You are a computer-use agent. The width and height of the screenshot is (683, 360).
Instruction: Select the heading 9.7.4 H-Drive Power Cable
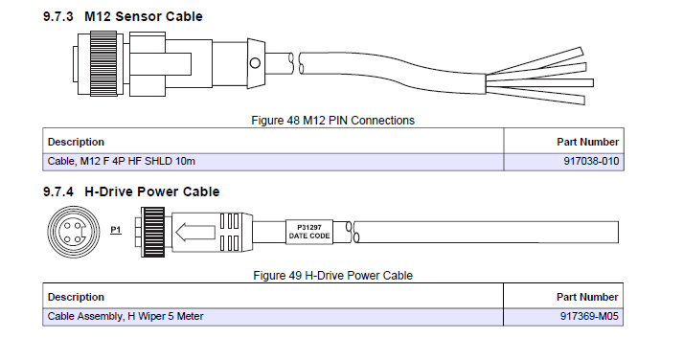point(131,191)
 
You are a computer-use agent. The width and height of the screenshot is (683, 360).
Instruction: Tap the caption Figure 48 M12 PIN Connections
point(332,120)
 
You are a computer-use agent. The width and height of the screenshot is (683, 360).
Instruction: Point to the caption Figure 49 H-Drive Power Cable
point(332,276)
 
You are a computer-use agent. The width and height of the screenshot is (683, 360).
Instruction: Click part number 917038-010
point(591,161)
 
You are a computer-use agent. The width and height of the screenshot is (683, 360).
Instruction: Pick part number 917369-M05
point(590,315)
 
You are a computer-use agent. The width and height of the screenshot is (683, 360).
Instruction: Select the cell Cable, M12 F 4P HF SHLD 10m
point(120,161)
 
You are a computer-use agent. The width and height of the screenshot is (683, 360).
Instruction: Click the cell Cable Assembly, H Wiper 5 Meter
point(125,315)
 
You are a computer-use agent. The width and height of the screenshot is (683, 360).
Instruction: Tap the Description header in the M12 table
point(77,142)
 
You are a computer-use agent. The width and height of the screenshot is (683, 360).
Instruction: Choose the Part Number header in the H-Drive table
point(587,297)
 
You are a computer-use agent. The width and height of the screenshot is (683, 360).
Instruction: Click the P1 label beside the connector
point(116,231)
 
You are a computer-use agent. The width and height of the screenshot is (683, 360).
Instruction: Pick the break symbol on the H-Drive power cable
point(352,232)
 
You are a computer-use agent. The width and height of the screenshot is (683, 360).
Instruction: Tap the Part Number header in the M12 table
point(587,142)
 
